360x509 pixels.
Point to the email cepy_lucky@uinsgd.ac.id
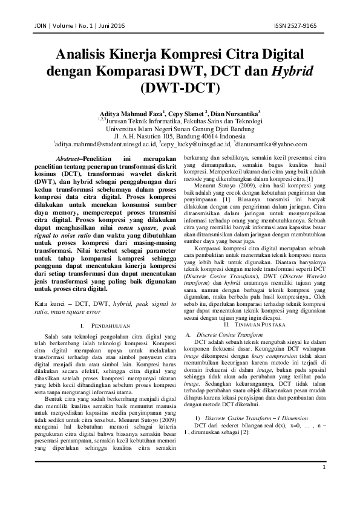[x=200, y=145]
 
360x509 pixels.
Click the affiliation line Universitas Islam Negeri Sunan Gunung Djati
[x=180, y=128]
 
